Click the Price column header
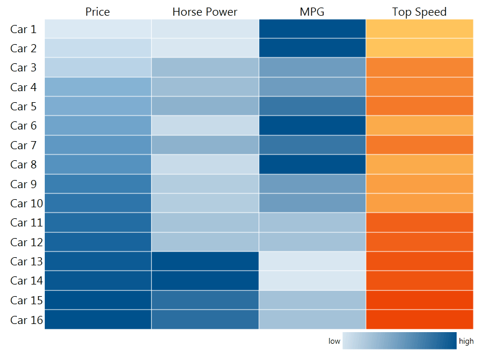(x=98, y=12)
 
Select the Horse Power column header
(x=204, y=12)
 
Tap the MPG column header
(x=312, y=12)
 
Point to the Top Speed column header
(x=419, y=12)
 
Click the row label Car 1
(x=23, y=29)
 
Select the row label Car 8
(x=23, y=164)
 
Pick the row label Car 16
(x=26, y=319)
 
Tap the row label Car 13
(x=26, y=261)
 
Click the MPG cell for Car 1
(x=312, y=29)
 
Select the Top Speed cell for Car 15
(x=419, y=300)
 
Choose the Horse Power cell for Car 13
(x=205, y=261)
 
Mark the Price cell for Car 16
(x=98, y=319)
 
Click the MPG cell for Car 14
(x=312, y=280)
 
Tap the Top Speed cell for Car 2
(x=419, y=48)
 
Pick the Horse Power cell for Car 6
(x=205, y=125)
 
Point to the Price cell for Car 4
(x=98, y=87)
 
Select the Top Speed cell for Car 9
(x=419, y=183)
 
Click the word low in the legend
(x=334, y=341)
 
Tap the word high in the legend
(x=466, y=341)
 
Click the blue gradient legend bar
(x=399, y=341)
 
